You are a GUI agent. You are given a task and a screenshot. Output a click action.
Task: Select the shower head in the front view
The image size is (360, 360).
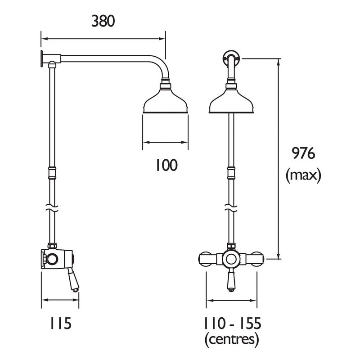[x=231, y=101]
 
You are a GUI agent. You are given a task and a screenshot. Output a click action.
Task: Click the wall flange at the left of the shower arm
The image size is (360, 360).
[x=42, y=58]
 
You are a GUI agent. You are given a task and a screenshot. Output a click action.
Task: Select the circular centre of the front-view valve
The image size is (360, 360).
[x=231, y=260]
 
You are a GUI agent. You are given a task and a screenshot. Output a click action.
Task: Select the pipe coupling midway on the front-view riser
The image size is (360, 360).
[x=231, y=173]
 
